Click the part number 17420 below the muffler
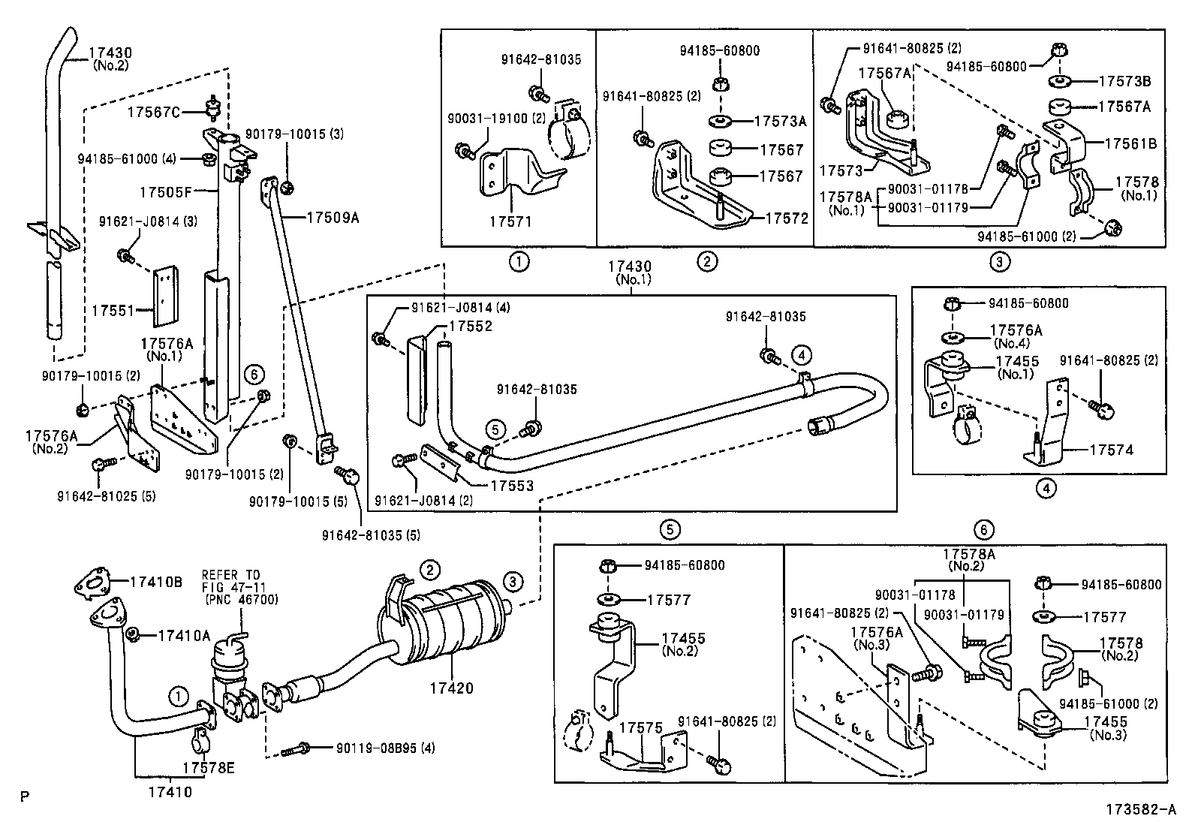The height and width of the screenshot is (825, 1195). [x=453, y=687]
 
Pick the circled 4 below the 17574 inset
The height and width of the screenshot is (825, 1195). [x=1046, y=488]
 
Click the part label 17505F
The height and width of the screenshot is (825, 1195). [x=162, y=191]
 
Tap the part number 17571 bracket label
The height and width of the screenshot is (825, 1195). [x=510, y=223]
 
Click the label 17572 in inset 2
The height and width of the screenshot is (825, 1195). [x=787, y=218]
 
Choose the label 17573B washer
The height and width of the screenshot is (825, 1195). [x=1124, y=81]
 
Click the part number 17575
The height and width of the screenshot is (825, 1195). [x=641, y=728]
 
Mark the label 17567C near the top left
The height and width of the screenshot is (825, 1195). [x=154, y=112]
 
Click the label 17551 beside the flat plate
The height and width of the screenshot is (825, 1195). [x=113, y=309]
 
